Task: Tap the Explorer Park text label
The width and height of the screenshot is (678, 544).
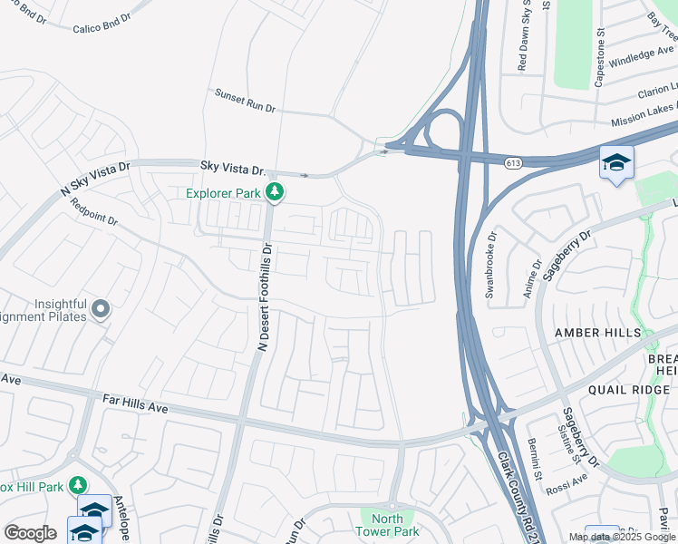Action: (223, 192)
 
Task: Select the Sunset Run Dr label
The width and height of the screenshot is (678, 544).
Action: (245, 100)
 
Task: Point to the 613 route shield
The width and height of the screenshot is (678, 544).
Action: (514, 162)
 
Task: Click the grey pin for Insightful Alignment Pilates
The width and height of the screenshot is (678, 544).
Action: (100, 310)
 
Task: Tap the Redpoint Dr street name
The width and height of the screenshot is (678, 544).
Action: (94, 220)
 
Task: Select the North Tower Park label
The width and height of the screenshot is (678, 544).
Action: (387, 525)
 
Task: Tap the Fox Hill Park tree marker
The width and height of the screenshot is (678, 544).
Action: (78, 486)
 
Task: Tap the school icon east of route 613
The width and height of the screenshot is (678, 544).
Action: (616, 163)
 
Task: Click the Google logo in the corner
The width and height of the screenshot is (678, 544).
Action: (30, 533)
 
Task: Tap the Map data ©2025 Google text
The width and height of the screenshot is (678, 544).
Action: (621, 537)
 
